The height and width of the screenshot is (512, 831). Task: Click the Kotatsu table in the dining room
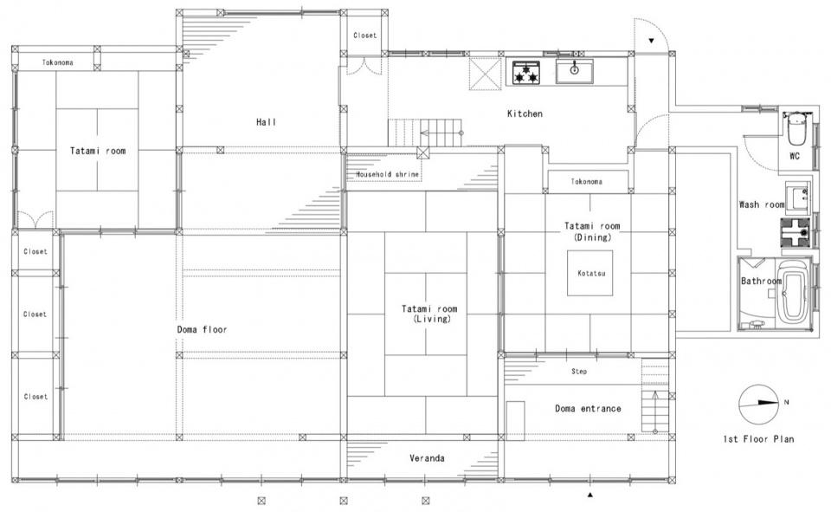(590, 273)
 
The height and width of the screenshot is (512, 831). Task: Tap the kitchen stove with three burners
(526, 72)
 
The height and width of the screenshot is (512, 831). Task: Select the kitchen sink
(574, 71)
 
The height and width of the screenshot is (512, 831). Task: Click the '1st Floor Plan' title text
(758, 438)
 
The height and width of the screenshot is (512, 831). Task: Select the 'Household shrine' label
(387, 174)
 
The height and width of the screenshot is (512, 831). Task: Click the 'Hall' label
(266, 122)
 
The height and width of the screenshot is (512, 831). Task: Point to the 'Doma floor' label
(202, 329)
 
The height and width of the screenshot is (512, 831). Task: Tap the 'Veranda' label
(427, 458)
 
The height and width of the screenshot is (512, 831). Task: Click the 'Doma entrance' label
(588, 408)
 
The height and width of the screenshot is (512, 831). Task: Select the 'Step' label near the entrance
(579, 372)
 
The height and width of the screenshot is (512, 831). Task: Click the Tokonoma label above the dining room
(586, 181)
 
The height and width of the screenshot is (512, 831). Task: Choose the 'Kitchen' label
(525, 113)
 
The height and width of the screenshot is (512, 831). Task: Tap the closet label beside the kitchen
(364, 36)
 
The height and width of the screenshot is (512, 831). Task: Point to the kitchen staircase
(426, 133)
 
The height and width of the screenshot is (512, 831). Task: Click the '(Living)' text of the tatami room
(432, 319)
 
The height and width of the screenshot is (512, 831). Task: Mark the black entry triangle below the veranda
(590, 495)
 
